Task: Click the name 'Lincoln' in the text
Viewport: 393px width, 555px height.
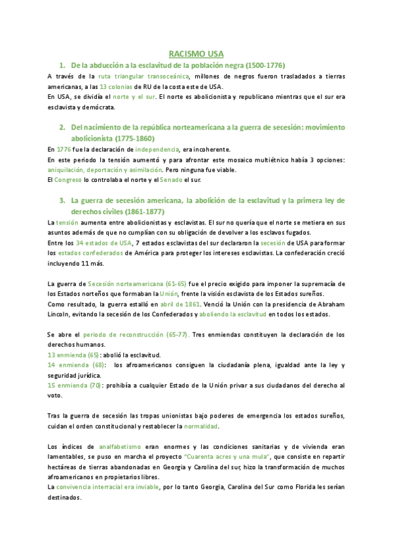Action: point(61,314)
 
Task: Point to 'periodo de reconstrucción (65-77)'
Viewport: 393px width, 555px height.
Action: point(136,335)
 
